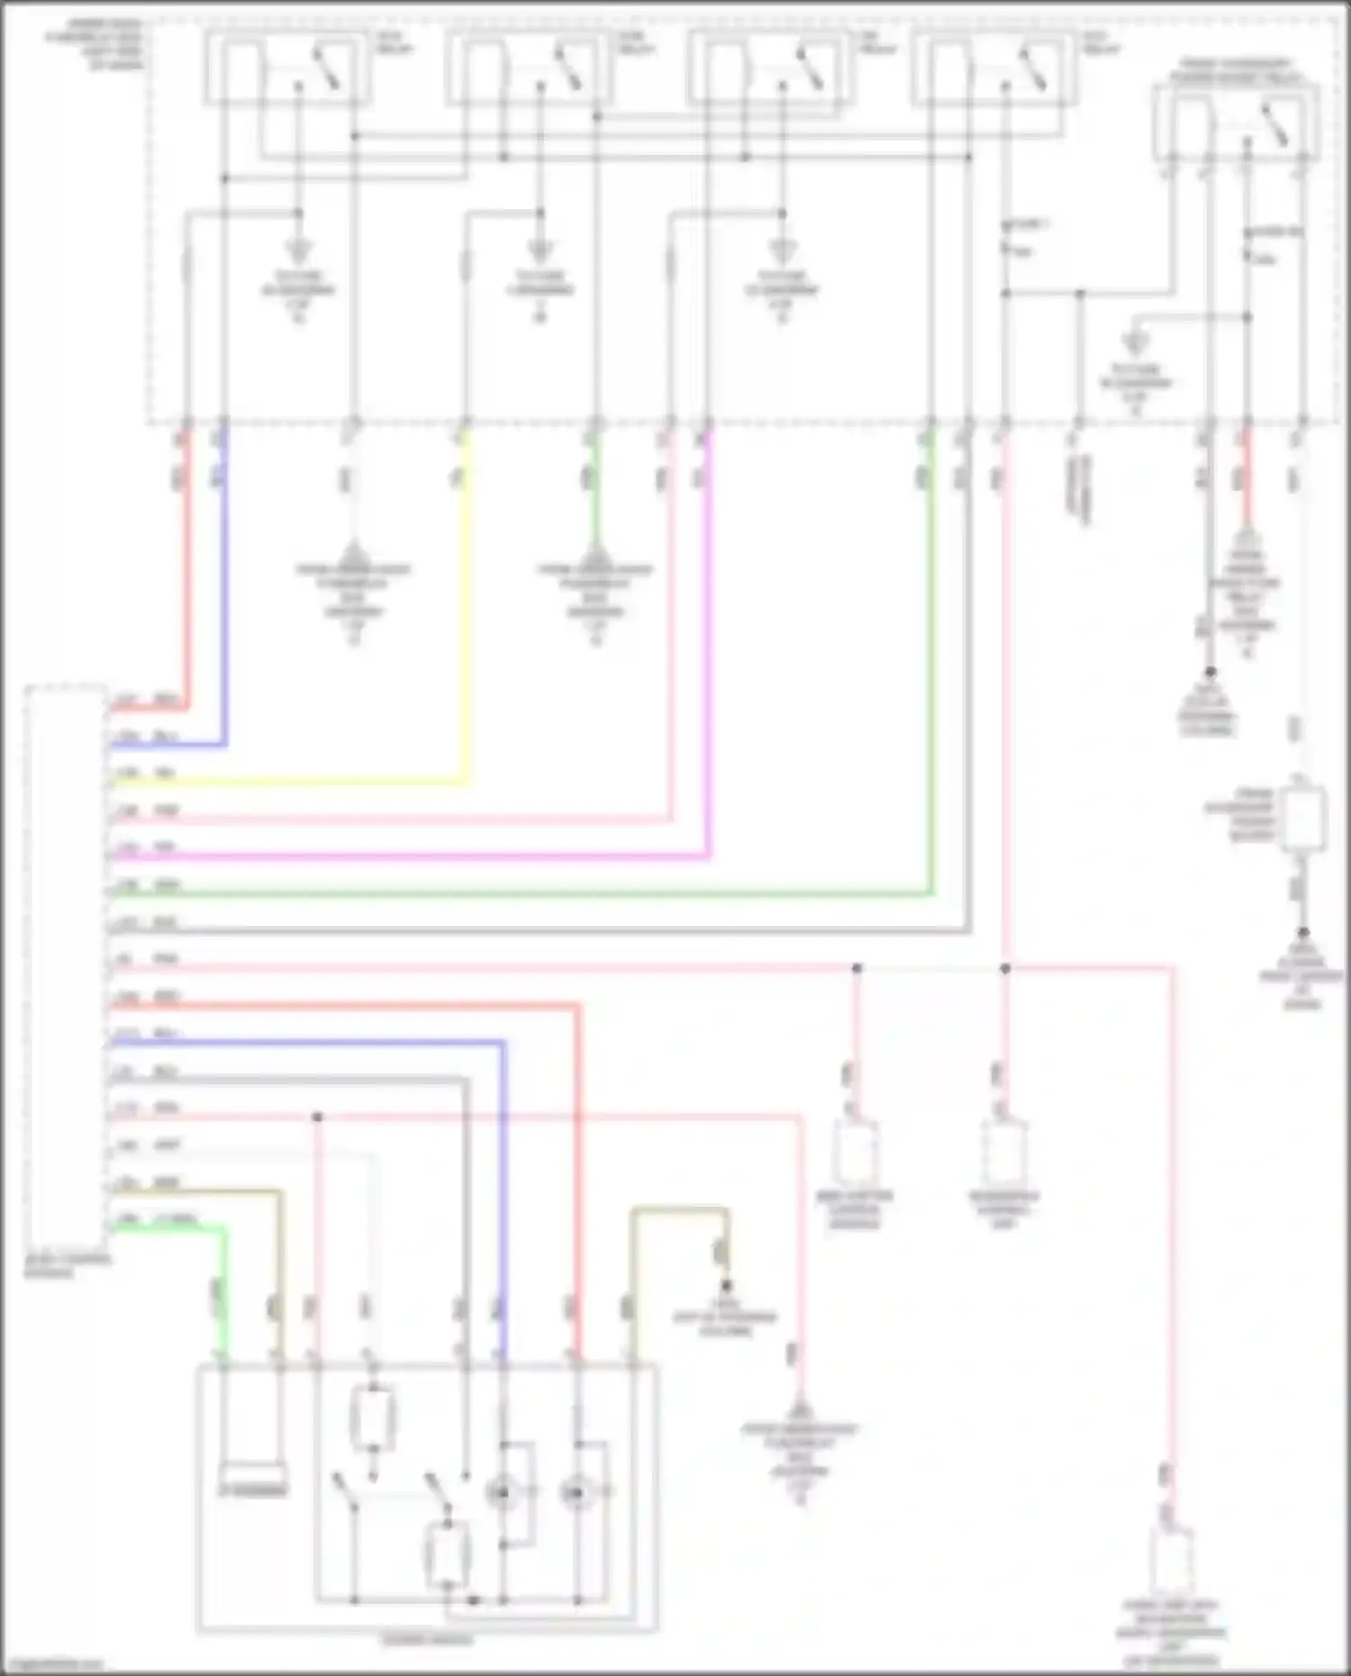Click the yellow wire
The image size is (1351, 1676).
click(x=466, y=630)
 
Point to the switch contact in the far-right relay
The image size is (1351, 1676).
click(x=1274, y=126)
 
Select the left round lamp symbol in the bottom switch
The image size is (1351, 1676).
click(x=502, y=1492)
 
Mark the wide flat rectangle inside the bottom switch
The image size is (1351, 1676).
click(x=253, y=1478)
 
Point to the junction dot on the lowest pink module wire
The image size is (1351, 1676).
click(x=317, y=1118)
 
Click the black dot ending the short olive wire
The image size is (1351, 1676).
click(x=727, y=1286)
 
